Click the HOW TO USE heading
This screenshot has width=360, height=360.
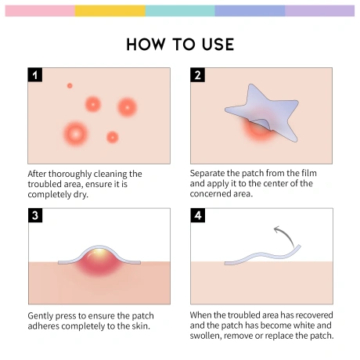180,45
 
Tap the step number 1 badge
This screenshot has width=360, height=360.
35,75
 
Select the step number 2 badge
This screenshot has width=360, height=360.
197,75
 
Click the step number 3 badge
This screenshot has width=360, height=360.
35,215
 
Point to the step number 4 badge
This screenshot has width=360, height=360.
198,215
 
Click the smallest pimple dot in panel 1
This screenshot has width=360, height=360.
70,85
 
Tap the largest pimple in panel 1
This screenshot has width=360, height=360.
76,134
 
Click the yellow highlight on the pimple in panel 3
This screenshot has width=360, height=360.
99,253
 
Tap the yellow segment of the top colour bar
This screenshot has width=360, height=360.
110,11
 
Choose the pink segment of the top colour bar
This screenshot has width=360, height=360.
40,11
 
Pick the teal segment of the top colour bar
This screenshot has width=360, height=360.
180,11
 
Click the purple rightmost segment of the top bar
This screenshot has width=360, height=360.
320,11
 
